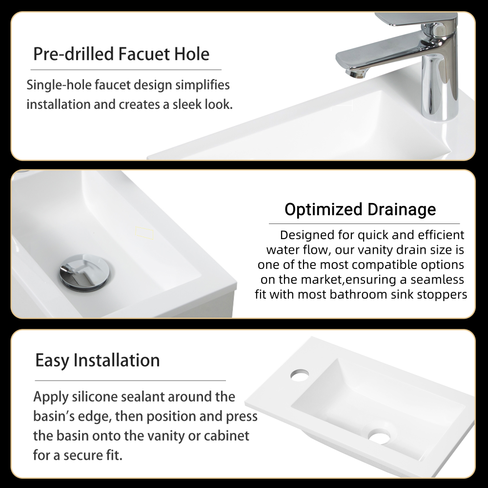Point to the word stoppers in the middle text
[x=442, y=295]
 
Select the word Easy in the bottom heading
[x=52, y=361]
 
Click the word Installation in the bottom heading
[x=117, y=361]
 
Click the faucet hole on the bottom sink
[x=300, y=375]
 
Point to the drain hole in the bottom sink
[x=379, y=436]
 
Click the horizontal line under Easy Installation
[x=130, y=380]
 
